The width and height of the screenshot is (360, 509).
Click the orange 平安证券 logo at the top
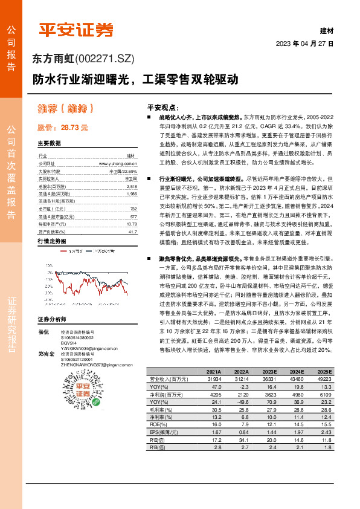pyautogui.click(x=76, y=30)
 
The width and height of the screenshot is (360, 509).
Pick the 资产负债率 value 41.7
pyautogui.click(x=132, y=232)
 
